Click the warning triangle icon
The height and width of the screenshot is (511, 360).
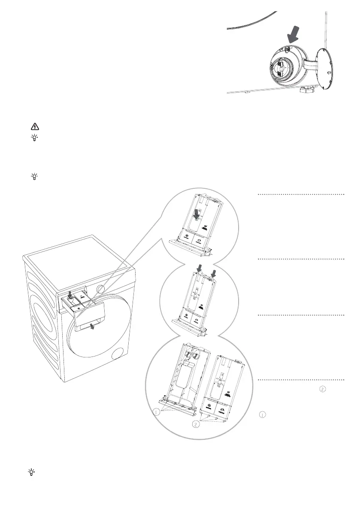[x=35, y=127]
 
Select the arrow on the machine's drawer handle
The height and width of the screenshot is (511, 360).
[x=93, y=328]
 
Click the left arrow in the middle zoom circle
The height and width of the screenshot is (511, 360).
[x=199, y=268]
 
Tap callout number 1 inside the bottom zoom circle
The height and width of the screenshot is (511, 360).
[x=156, y=412]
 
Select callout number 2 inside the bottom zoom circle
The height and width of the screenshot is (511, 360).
[x=196, y=425]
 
